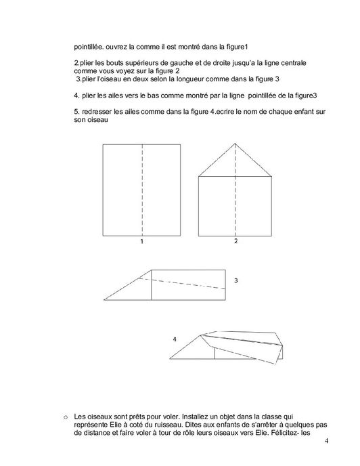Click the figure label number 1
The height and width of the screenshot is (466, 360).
[141, 241]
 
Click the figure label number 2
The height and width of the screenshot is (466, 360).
[235, 241]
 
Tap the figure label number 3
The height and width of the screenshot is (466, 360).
[235, 280]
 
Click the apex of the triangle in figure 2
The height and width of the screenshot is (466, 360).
[235, 143]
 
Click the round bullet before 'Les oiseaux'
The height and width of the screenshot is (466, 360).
[65, 415]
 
